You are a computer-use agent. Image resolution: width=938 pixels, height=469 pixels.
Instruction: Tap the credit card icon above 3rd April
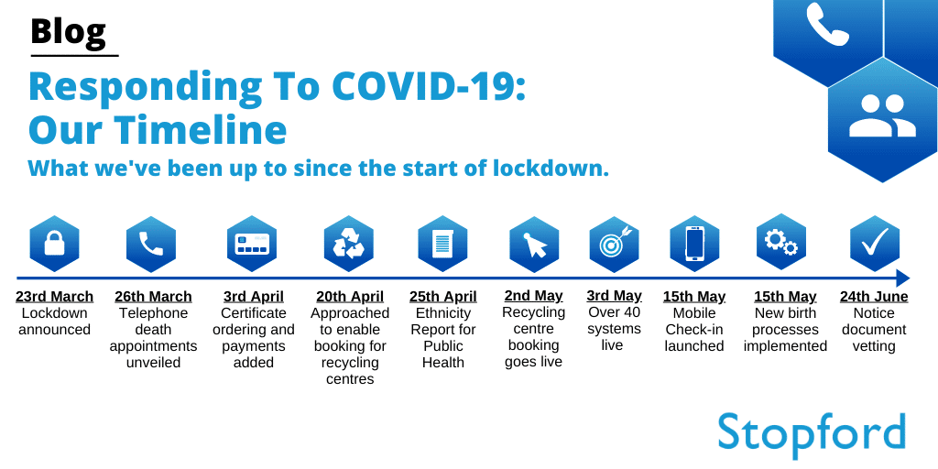[251, 244]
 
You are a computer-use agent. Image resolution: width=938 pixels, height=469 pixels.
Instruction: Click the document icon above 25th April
[442, 244]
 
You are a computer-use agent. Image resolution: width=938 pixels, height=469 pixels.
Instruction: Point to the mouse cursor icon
[534, 245]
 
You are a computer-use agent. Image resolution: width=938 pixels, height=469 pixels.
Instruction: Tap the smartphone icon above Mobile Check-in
[694, 244]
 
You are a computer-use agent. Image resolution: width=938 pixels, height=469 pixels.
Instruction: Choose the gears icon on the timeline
[780, 242]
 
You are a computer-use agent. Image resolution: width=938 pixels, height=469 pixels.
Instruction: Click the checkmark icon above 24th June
[874, 243]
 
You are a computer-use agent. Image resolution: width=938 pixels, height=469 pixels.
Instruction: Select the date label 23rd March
[54, 297]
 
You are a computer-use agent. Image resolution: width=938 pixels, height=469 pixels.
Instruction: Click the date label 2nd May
[534, 296]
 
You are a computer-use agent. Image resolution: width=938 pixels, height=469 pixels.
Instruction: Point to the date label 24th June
[874, 297]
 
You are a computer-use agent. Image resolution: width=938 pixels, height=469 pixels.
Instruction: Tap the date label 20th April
[350, 297]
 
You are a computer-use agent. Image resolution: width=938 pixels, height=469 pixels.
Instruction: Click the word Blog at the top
[68, 32]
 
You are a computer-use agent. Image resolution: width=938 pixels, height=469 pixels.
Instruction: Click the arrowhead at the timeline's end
[902, 278]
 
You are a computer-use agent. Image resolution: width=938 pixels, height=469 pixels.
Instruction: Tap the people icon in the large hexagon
[882, 116]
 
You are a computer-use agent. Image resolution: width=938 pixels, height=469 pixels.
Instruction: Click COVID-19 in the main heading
[429, 86]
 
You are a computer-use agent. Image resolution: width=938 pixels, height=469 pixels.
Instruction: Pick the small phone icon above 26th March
[151, 244]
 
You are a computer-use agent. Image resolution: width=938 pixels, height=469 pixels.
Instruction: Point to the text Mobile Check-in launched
[694, 330]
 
